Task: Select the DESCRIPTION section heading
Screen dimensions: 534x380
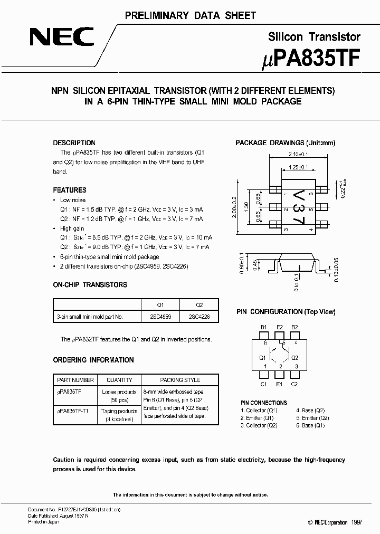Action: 74,143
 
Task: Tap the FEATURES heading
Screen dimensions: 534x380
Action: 70,190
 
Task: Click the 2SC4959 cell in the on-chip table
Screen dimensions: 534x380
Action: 161,317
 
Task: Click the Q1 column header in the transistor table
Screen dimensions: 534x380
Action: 161,305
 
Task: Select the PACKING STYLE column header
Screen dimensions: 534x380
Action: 179,379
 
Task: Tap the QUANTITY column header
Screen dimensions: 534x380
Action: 119,379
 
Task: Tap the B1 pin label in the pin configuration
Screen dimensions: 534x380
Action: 263,328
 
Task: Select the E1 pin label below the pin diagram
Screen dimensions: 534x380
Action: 279,384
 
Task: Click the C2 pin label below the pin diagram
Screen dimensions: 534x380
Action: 294,384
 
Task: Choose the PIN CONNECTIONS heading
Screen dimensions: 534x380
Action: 264,403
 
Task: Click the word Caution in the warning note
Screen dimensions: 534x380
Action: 64,460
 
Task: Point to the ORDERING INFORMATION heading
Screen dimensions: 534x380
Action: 93,360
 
